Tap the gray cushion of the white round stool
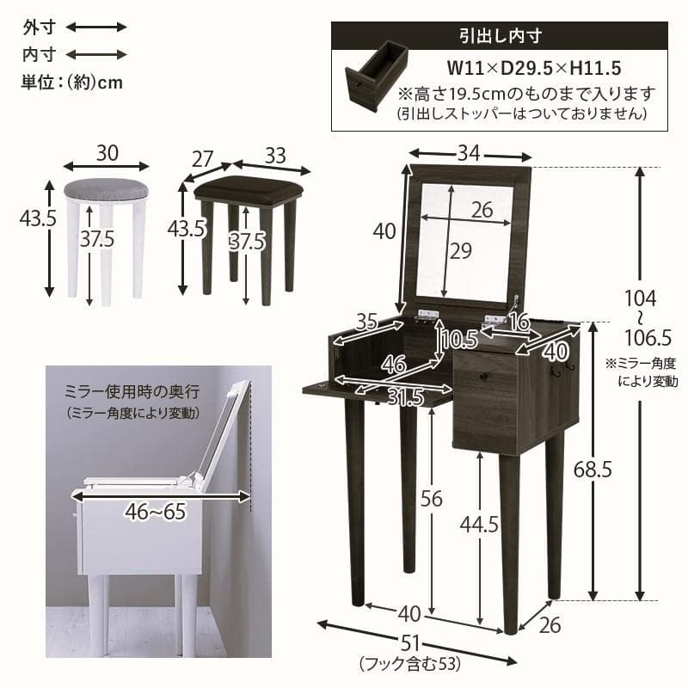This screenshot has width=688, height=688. [107, 187]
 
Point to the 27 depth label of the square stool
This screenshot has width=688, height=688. [203, 158]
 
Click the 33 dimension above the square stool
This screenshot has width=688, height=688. [275, 156]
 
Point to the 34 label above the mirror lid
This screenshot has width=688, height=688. [469, 153]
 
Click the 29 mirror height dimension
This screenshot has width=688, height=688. [461, 250]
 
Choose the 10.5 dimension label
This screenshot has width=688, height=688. [459, 340]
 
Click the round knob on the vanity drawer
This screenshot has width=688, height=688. [483, 376]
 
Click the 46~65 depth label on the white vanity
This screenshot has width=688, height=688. [156, 513]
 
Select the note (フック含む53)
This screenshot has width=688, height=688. [414, 663]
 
